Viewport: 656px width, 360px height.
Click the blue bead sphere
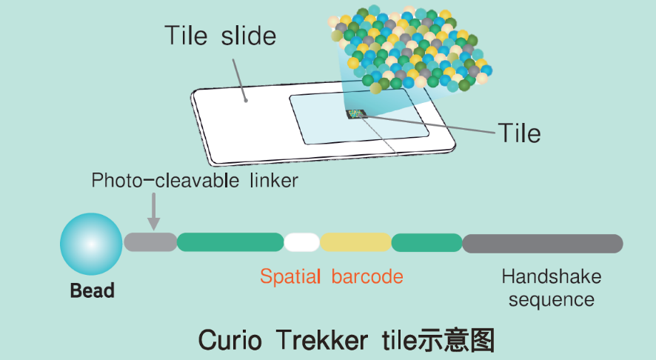(91, 244)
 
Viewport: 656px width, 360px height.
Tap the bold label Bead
(92, 290)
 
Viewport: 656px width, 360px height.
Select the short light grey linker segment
(150, 242)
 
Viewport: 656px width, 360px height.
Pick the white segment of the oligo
(301, 242)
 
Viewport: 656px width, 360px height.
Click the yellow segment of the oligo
(355, 242)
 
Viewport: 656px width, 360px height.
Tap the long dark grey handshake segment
(542, 243)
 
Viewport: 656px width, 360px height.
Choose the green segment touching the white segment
(230, 242)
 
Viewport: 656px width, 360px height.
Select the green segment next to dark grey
(426, 242)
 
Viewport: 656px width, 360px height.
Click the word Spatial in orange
(290, 277)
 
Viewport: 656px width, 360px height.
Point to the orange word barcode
(367, 277)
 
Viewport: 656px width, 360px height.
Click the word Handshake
(552, 277)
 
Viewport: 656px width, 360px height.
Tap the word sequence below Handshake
(552, 300)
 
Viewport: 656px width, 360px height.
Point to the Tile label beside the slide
(519, 133)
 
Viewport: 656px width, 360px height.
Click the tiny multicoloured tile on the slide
(356, 113)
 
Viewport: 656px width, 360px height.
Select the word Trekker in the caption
(321, 340)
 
